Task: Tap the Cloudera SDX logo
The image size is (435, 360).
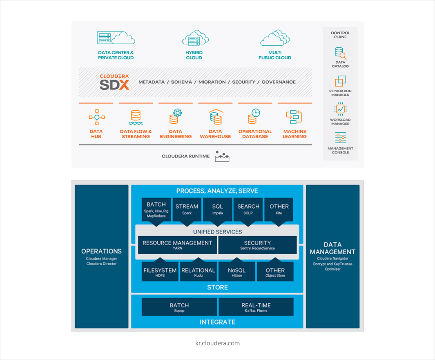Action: pyautogui.click(x=114, y=82)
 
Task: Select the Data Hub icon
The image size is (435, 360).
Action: pyautogui.click(x=96, y=117)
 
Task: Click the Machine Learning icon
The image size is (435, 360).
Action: pyautogui.click(x=294, y=117)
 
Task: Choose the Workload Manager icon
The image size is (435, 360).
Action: pyautogui.click(x=340, y=109)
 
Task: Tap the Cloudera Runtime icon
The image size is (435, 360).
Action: pyautogui.click(x=222, y=156)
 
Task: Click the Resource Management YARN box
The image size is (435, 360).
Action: pyautogui.click(x=177, y=245)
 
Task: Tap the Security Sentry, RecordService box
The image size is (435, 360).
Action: pyautogui.click(x=257, y=245)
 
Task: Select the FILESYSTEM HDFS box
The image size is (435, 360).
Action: pyautogui.click(x=160, y=272)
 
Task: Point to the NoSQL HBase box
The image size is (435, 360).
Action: pyautogui.click(x=236, y=272)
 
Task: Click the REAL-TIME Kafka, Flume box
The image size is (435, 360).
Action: pyautogui.click(x=256, y=307)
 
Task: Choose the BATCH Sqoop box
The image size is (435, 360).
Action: pyautogui.click(x=179, y=307)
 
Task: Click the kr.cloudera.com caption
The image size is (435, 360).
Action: pyautogui.click(x=218, y=343)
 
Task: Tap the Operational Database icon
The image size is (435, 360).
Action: pyautogui.click(x=254, y=117)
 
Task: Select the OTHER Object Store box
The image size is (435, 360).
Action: pyautogui.click(x=275, y=272)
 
